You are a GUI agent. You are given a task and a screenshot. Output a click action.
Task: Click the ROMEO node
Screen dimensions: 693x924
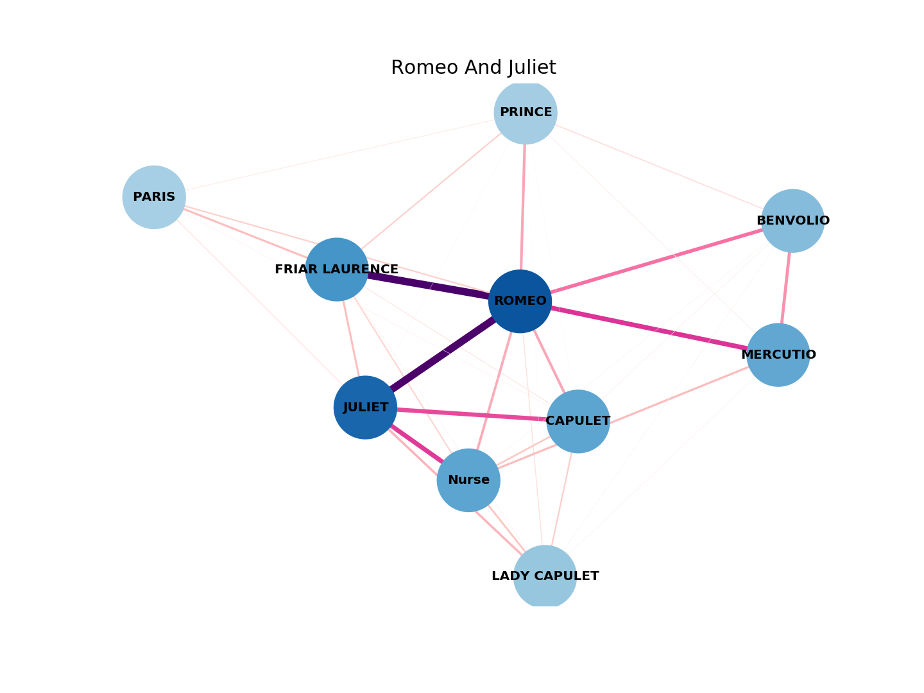[520, 301]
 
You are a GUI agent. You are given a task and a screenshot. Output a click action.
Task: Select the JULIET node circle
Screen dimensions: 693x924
[365, 407]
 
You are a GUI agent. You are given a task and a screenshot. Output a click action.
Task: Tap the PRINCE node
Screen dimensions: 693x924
[526, 112]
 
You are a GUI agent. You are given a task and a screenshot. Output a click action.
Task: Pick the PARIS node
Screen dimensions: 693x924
[154, 197]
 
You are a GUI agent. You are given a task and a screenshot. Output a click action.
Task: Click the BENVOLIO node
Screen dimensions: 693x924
[792, 221]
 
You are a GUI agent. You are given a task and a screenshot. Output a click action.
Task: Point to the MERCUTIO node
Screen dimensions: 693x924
[778, 355]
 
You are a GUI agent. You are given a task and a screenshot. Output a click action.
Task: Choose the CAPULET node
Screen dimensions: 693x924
[577, 422]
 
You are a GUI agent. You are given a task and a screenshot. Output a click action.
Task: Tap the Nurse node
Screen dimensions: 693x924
[468, 480]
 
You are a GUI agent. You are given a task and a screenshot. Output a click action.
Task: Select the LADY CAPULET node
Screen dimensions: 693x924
[545, 576]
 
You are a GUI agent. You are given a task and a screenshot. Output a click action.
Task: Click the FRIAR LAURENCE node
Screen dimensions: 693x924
[336, 269]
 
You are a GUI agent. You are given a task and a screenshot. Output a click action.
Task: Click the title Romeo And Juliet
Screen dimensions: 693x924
[473, 68]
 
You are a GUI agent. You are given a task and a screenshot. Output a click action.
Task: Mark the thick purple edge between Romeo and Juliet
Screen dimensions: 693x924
[443, 354]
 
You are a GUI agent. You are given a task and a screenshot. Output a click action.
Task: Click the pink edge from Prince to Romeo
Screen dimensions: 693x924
[523, 205]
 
